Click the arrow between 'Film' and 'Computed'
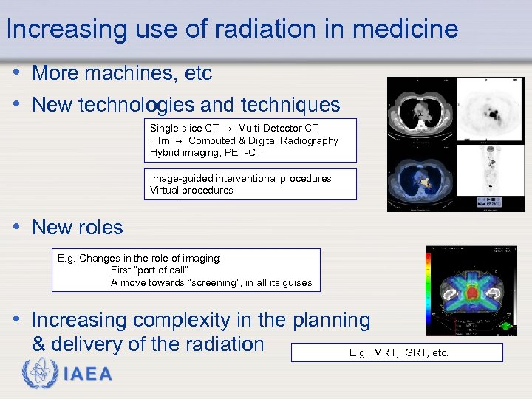[179, 140]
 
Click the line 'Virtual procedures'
[191, 190]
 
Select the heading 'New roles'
[78, 228]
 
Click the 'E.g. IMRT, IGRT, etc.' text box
[397, 352]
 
